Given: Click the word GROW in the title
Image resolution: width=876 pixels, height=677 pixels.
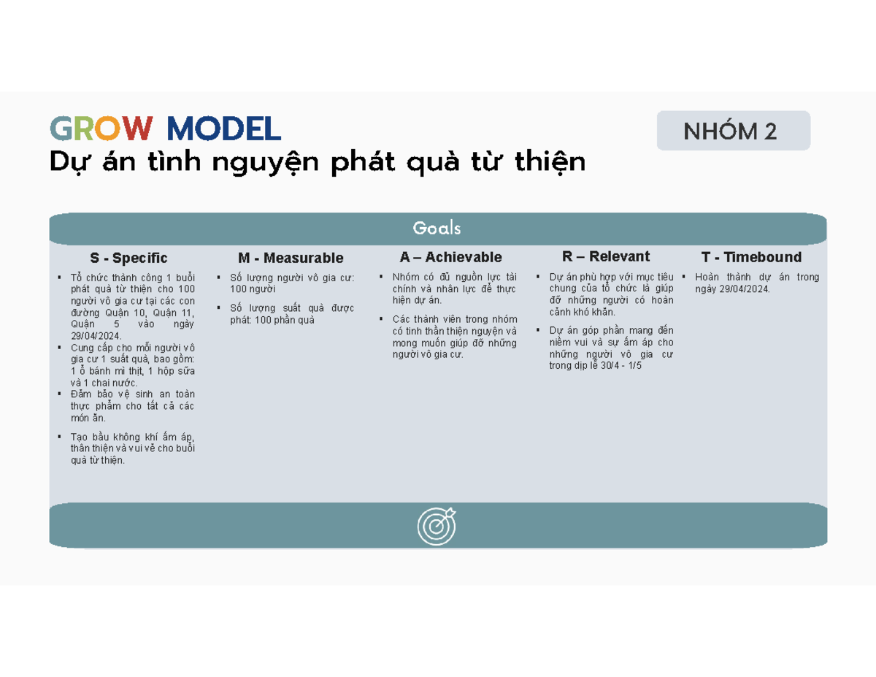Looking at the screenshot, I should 101,129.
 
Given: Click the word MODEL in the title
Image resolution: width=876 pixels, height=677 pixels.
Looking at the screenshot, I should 223,129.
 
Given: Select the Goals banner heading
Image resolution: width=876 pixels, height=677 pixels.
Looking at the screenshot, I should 437,229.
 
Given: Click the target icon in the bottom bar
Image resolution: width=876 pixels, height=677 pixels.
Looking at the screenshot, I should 437,525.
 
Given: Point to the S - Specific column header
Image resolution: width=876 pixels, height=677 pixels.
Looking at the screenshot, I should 128,259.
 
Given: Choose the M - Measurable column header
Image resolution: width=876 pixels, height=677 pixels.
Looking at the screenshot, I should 291,259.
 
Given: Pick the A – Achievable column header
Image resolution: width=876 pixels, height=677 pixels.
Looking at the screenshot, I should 450,258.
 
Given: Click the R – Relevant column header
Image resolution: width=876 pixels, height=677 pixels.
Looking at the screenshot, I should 605,256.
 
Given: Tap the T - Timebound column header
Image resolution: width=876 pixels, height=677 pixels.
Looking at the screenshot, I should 751,257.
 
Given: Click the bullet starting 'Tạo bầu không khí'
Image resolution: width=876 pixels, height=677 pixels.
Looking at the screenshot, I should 132,448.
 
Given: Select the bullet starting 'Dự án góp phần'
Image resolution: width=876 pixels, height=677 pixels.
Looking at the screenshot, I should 611,348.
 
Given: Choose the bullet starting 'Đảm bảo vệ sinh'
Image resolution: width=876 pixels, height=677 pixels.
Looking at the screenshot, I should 132,406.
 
